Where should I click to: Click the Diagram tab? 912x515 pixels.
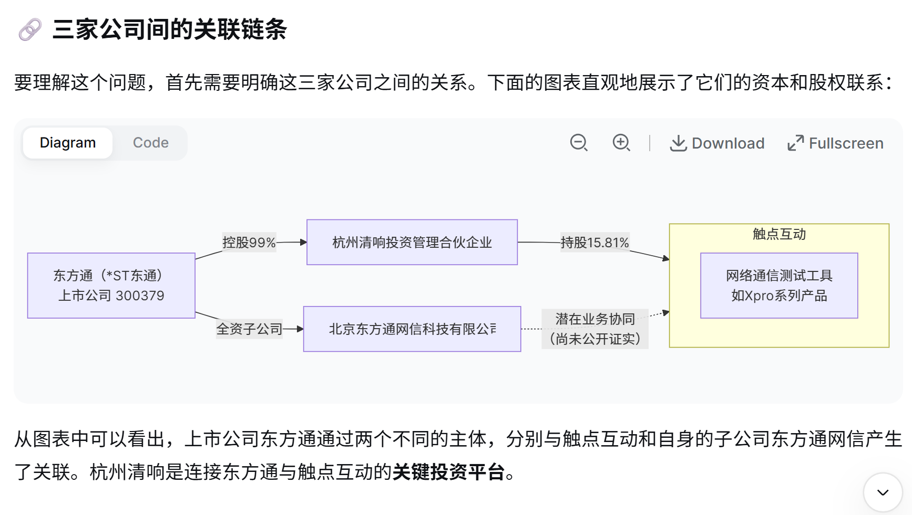[x=68, y=143]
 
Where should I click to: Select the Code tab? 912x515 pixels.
[x=150, y=143]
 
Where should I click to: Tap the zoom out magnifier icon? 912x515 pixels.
[x=579, y=143]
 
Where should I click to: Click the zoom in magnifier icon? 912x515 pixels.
[x=621, y=143]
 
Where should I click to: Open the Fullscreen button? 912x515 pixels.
[x=835, y=143]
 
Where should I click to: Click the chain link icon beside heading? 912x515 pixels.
[x=30, y=29]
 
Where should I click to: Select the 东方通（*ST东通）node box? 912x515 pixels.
[x=111, y=286]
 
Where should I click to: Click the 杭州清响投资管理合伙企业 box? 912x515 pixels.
[x=412, y=243]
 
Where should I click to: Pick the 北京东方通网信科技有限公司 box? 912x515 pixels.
[x=412, y=329]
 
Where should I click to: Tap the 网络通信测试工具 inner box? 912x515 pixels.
[x=778, y=286]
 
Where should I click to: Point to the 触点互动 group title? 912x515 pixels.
[x=778, y=234]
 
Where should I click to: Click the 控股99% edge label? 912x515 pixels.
[x=249, y=243]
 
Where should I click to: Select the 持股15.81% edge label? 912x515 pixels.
[x=595, y=243]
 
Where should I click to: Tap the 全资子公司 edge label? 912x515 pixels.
[x=249, y=329]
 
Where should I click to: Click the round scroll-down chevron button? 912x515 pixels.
[x=883, y=492]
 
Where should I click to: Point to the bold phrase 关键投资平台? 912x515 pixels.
[x=448, y=472]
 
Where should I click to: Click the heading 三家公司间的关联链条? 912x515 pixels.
[x=169, y=29]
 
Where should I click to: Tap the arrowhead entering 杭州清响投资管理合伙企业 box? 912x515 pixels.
[x=303, y=243]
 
